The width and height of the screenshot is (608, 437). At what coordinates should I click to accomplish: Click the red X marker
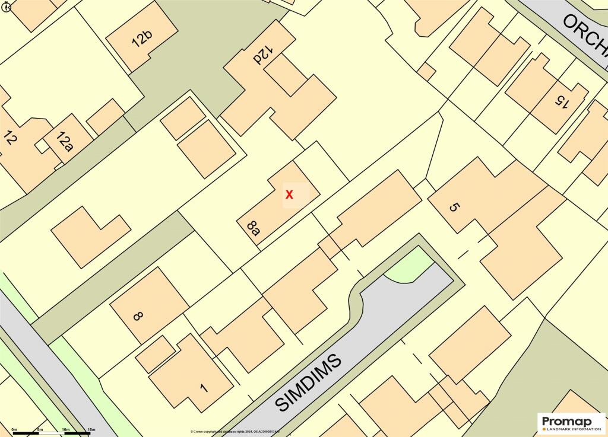289,194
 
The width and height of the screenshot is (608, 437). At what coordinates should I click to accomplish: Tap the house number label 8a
254,228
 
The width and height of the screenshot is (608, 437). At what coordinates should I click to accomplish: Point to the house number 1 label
204,389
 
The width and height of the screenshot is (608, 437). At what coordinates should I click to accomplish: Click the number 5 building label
454,208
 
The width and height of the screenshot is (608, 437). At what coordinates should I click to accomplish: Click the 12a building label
64,142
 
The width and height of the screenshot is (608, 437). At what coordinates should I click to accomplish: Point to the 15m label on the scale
91,429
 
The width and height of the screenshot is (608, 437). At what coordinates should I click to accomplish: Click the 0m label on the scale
14,429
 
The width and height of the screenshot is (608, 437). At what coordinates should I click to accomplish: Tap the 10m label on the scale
65,429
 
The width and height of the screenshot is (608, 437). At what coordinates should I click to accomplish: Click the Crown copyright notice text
235,431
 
